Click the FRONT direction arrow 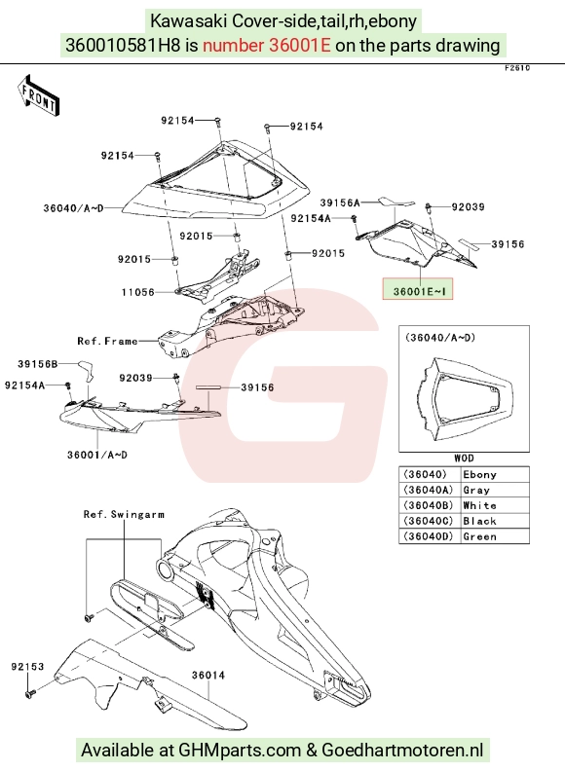tap(38, 95)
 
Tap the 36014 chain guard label tap(208, 676)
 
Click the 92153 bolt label tap(27, 667)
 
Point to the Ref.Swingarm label tap(124, 514)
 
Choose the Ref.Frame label tap(107, 341)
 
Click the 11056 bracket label tap(138, 292)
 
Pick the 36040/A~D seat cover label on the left tap(74, 208)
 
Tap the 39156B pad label tap(38, 364)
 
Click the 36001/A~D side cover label tap(97, 455)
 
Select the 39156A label tap(340, 202)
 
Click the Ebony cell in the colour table tap(480, 474)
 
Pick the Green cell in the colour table tap(480, 536)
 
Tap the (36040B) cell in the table tap(429, 505)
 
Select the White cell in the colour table tap(480, 505)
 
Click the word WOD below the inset tap(464, 459)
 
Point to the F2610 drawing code tap(517, 68)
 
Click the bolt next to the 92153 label tap(29, 693)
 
